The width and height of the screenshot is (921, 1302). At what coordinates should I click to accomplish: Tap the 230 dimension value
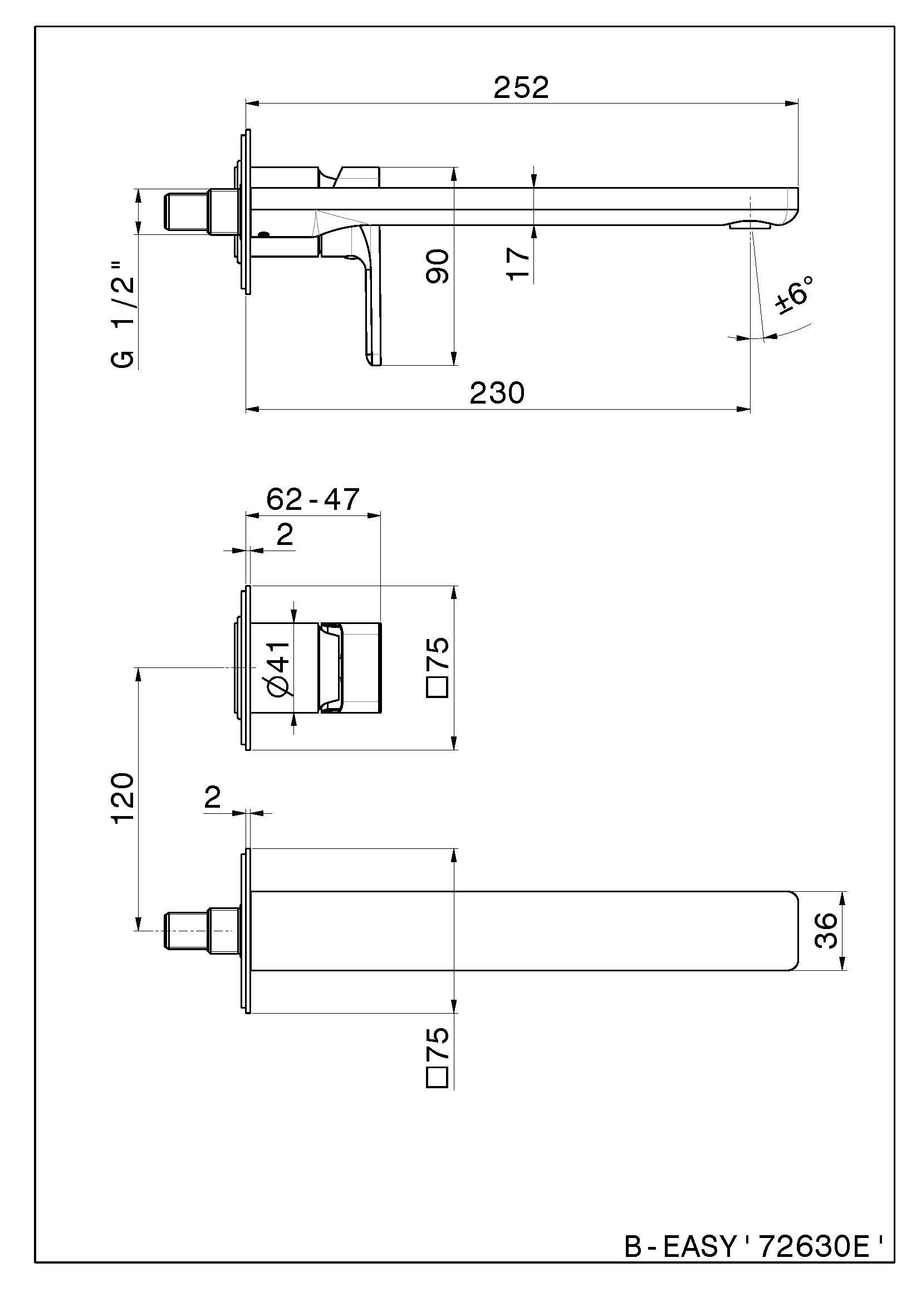[497, 393]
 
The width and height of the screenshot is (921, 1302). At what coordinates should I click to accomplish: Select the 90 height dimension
[437, 266]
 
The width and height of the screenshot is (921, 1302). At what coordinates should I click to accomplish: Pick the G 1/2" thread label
[124, 315]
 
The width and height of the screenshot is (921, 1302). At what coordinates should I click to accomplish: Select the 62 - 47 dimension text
[312, 499]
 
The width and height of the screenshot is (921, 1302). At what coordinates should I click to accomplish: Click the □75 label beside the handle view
[437, 667]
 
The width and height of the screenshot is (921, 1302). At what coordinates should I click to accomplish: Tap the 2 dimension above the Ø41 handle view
[284, 534]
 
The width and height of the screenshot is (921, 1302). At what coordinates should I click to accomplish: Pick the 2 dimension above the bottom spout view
[212, 798]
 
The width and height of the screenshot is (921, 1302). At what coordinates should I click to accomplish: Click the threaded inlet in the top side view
[187, 212]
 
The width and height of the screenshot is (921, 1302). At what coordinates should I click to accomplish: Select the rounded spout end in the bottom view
[792, 931]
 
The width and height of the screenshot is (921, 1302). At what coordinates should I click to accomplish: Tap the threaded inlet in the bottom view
[187, 931]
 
